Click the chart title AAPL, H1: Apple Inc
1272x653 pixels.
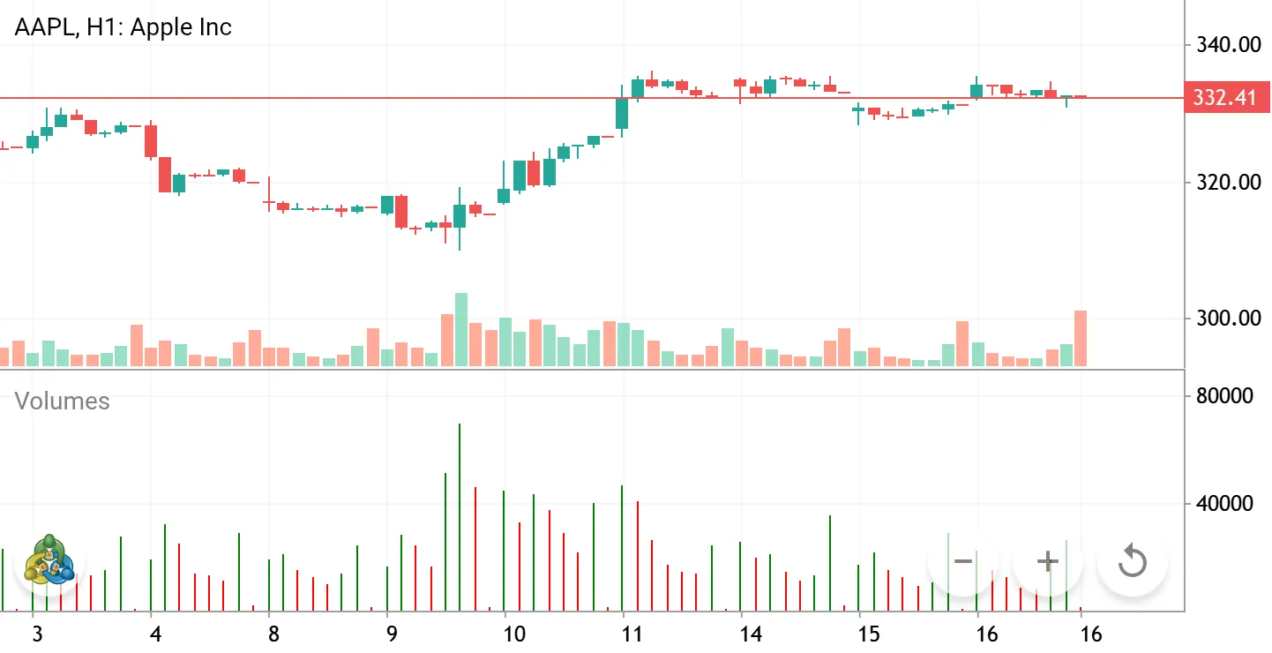coord(123,27)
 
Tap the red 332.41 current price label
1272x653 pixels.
coord(1227,97)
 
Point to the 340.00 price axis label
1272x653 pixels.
coord(1229,45)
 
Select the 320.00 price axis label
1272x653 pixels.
coord(1229,183)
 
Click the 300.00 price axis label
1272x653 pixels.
coord(1229,318)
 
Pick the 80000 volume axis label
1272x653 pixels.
coord(1224,396)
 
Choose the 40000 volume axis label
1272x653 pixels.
coord(1224,503)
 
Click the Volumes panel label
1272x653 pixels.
coord(62,401)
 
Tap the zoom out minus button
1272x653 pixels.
coord(963,561)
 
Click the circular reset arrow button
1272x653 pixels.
coord(1133,561)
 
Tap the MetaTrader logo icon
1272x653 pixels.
coord(49,560)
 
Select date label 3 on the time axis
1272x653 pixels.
coord(37,634)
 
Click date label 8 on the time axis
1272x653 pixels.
coord(273,634)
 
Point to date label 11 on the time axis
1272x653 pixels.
coord(632,634)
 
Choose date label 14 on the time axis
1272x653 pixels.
coord(750,634)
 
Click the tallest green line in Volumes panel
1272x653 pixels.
coord(460,517)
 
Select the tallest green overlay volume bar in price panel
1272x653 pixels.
coord(461,329)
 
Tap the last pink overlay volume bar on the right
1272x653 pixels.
coord(1080,339)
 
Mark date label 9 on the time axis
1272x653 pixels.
coord(392,634)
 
